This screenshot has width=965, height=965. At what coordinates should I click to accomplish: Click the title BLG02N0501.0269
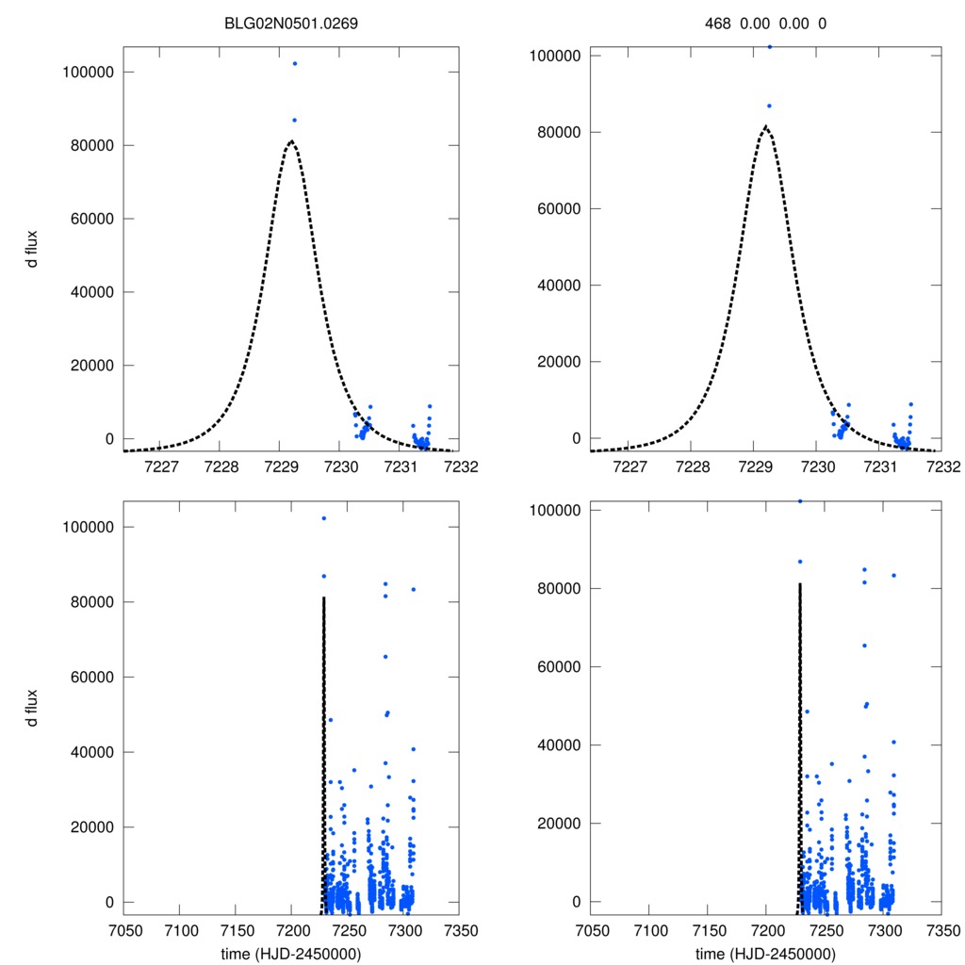click(290, 25)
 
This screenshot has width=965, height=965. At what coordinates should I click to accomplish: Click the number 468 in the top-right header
click(718, 25)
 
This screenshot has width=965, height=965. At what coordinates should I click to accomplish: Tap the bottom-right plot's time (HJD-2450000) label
click(765, 953)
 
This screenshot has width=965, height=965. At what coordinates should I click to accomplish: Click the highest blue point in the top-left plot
click(295, 63)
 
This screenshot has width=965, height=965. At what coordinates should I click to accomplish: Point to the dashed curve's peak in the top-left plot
click(291, 141)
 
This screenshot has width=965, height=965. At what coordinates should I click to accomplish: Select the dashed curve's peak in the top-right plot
click(765, 125)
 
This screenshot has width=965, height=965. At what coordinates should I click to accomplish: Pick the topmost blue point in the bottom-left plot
click(323, 518)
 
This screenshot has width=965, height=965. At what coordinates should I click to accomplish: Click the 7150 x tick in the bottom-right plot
click(708, 928)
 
